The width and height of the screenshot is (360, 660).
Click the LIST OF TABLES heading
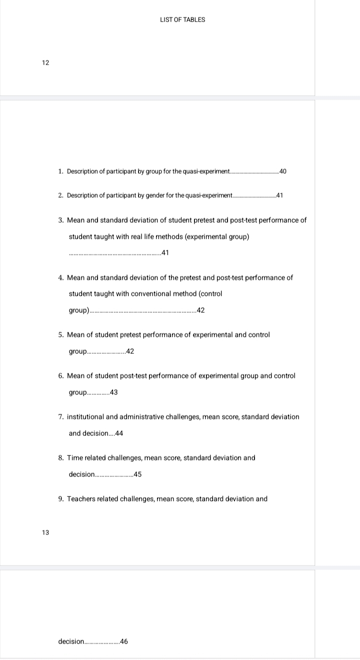pos(182,20)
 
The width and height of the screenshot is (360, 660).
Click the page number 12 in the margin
pos(45,63)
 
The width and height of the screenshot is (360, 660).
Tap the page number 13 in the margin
pos(45,532)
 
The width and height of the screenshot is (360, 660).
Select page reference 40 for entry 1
pos(283,172)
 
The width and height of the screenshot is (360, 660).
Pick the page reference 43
pos(113,393)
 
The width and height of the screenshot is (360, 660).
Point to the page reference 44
pos(118,434)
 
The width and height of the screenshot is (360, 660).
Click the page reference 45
pos(137,475)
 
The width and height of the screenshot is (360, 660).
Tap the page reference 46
pos(124,641)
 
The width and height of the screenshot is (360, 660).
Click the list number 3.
pos(60,220)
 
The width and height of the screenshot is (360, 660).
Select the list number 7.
pos(60,417)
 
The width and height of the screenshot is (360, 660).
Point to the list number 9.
pos(60,499)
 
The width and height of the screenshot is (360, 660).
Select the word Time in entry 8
pos(74,458)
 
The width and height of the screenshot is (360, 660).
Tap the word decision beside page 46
pos(71,641)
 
